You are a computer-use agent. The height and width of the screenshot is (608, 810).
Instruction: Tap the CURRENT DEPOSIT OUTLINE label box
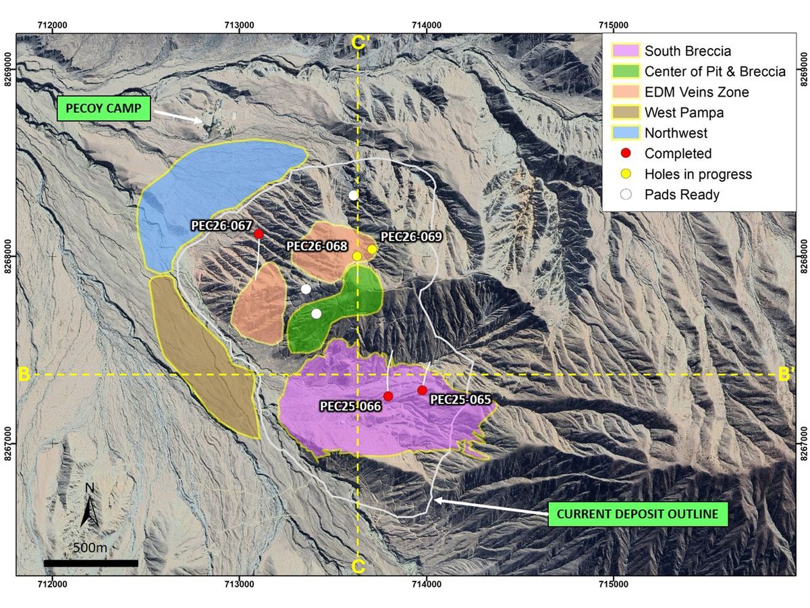[638, 514]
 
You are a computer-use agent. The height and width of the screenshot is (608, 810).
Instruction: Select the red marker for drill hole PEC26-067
[259, 234]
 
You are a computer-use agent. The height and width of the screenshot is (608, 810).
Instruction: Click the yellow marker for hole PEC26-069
[372, 249]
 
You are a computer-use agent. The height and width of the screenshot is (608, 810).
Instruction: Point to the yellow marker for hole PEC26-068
[357, 256]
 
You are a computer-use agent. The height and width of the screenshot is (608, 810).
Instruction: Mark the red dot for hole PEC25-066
[388, 396]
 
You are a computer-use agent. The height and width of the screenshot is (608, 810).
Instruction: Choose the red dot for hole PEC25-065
[423, 390]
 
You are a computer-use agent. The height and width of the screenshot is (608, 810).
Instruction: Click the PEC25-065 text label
[460, 399]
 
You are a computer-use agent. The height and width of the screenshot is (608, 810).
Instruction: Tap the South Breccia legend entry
[687, 51]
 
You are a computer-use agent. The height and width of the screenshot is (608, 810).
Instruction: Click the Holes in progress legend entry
[697, 174]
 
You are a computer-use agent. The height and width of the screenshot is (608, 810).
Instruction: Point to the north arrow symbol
[90, 506]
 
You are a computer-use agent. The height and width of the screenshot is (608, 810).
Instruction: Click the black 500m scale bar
[90, 563]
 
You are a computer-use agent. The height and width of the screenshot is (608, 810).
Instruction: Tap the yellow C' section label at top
[360, 43]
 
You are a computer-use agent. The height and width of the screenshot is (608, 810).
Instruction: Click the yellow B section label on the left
[25, 374]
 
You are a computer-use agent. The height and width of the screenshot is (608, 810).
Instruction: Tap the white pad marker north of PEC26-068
[354, 195]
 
